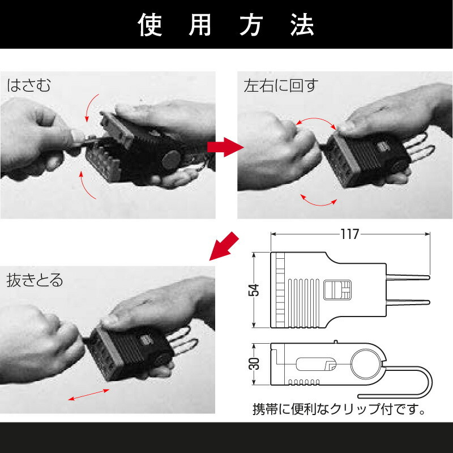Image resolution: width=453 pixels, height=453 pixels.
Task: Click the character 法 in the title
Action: (x=302, y=24)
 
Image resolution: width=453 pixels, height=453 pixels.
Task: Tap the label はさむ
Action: (x=29, y=86)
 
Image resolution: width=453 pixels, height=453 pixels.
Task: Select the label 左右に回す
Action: (x=281, y=86)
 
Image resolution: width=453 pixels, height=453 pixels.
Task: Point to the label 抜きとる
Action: (x=35, y=280)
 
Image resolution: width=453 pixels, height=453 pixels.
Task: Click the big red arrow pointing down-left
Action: (x=224, y=245)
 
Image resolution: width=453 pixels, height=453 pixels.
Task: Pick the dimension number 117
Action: (x=350, y=234)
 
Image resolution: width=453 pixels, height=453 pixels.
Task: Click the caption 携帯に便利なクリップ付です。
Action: (x=339, y=408)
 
